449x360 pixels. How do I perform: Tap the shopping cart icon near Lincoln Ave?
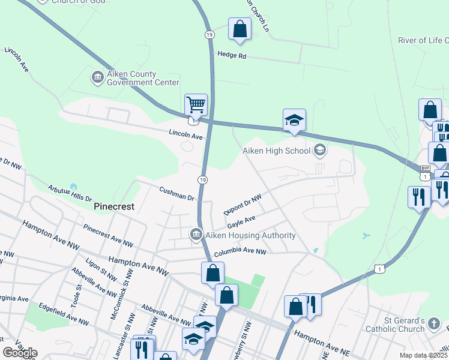pyautogui.click(x=196, y=105)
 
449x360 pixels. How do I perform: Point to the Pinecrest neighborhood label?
pyautogui.click(x=114, y=206)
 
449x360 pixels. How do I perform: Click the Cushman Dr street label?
pyautogui.click(x=178, y=194)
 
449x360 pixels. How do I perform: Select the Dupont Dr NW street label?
pyautogui.click(x=243, y=205)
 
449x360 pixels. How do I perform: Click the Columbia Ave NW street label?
pyautogui.click(x=240, y=252)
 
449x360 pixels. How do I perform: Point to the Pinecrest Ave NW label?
pyautogui.click(x=108, y=236)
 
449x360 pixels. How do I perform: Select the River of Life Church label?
pyautogui.click(x=423, y=41)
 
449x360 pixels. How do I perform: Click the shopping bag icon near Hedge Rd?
pyautogui.click(x=240, y=29)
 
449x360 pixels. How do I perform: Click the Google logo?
pyautogui.click(x=20, y=353)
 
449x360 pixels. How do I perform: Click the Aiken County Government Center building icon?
pyautogui.click(x=97, y=78)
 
